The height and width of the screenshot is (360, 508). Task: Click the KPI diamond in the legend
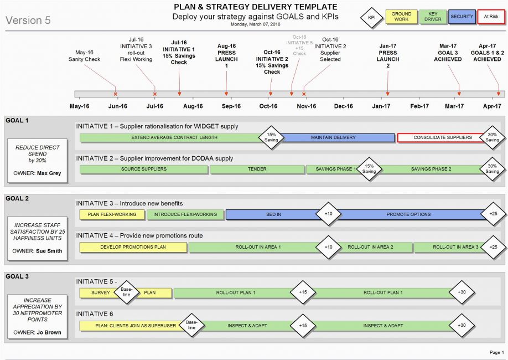pyautogui.click(x=372, y=18)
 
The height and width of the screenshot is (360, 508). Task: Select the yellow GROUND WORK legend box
pyautogui.click(x=401, y=17)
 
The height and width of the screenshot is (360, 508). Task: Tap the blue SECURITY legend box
pyautogui.click(x=462, y=17)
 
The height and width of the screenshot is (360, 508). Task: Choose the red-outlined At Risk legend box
pyautogui.click(x=491, y=17)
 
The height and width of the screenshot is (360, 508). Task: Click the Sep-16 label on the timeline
pyautogui.click(x=231, y=106)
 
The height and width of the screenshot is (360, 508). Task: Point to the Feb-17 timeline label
pyautogui.click(x=419, y=106)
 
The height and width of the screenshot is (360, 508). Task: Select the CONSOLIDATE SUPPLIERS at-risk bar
pyautogui.click(x=442, y=137)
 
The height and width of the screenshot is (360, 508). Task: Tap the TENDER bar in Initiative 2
pyautogui.click(x=257, y=169)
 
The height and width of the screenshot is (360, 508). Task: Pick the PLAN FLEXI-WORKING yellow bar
pyautogui.click(x=112, y=214)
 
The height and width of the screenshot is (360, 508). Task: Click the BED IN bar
pyautogui.click(x=273, y=214)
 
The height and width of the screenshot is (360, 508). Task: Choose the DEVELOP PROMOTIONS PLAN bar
pyautogui.click(x=133, y=247)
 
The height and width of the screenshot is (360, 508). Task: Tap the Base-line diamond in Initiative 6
pyautogui.click(x=191, y=325)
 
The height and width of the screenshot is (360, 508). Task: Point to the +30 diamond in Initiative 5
pyautogui.click(x=462, y=292)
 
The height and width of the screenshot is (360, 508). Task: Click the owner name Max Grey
pyautogui.click(x=49, y=173)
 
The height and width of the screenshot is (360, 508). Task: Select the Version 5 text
pyautogui.click(x=28, y=20)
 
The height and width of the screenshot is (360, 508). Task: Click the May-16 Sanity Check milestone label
pyautogui.click(x=84, y=56)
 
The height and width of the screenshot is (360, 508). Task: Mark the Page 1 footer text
pyautogui.click(x=497, y=352)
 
